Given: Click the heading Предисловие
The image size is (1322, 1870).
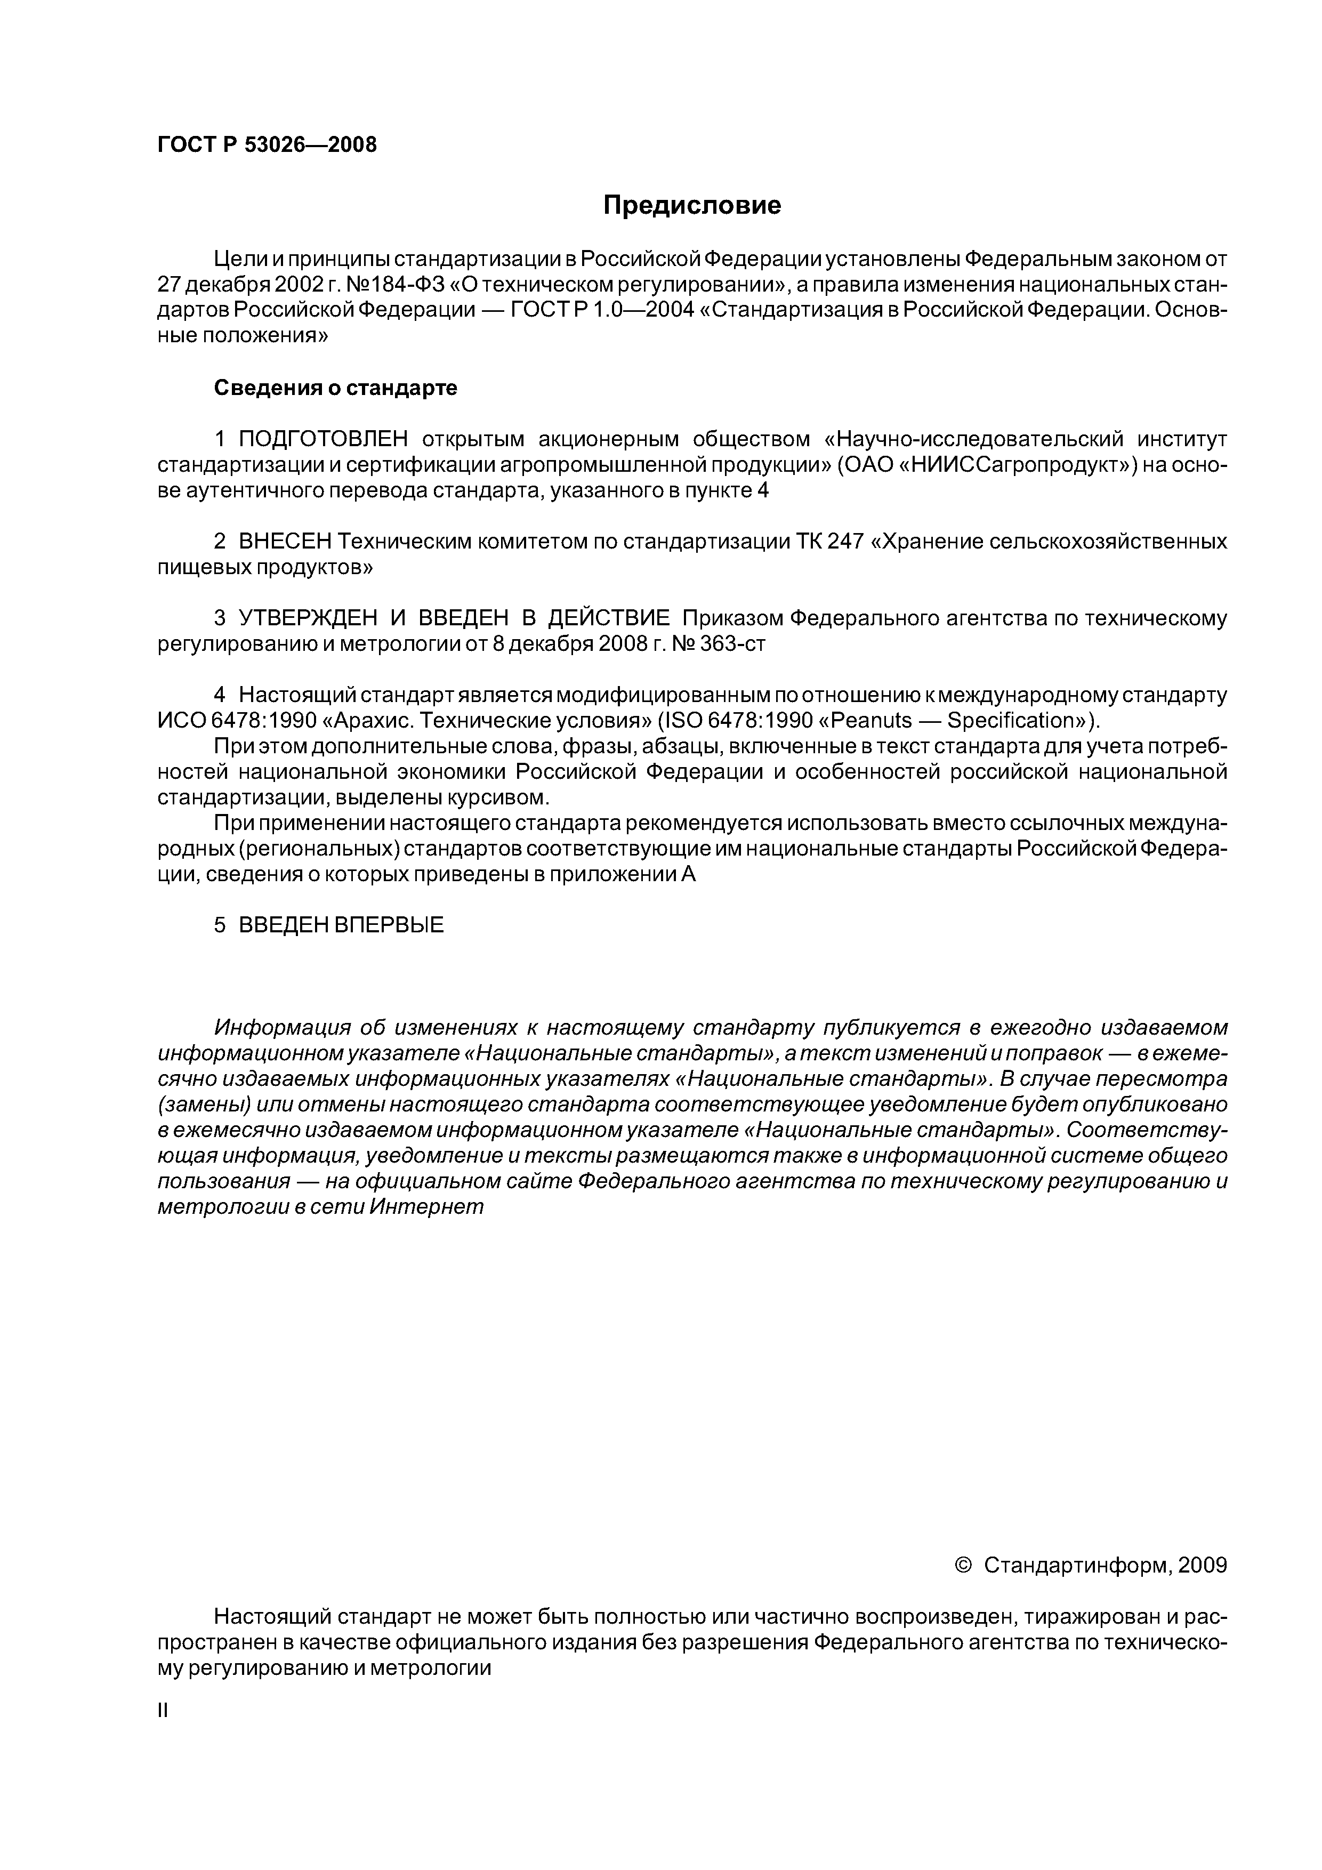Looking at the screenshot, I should [x=691, y=205].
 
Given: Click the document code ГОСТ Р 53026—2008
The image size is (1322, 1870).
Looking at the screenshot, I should [x=267, y=145].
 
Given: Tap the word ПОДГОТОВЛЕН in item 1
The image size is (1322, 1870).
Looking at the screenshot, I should [x=324, y=440].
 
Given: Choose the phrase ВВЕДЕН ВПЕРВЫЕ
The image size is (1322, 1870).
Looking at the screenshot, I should [x=341, y=925].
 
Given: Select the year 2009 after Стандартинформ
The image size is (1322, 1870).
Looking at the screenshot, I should [x=1202, y=1566].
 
